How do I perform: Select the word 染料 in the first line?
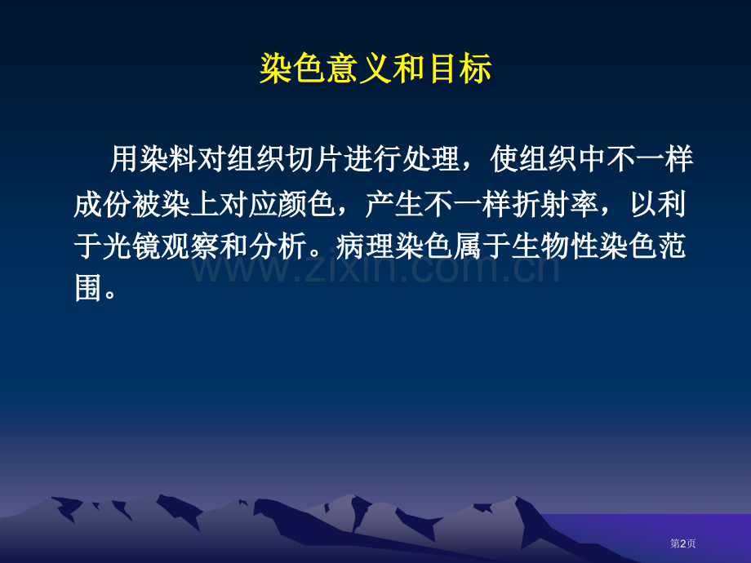(168, 160)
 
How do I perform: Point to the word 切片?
(315, 160)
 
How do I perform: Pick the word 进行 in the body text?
(373, 160)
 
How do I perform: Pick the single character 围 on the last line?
(87, 289)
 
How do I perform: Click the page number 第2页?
(682, 543)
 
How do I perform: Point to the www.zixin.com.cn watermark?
(375, 265)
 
